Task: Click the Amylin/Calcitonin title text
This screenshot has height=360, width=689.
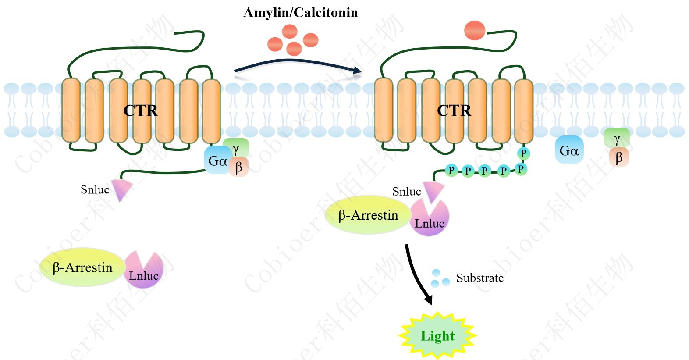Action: tap(300, 12)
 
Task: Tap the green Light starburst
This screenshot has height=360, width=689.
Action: tap(437, 335)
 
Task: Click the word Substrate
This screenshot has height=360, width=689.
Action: tap(479, 278)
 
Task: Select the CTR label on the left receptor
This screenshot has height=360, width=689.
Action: tap(140, 110)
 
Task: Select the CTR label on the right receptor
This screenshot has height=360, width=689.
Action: tap(454, 110)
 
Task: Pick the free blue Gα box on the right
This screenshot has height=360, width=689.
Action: tap(569, 150)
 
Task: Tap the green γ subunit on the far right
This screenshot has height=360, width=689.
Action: tap(617, 139)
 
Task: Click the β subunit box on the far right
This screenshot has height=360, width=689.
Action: tap(619, 157)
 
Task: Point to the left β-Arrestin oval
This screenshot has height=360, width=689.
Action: tap(82, 267)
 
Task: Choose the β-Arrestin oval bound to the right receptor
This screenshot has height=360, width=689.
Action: tap(368, 215)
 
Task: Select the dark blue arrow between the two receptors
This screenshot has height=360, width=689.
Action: tap(298, 65)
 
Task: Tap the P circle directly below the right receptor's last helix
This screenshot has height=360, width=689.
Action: tap(523, 153)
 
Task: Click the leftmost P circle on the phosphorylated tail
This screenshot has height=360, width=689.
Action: tap(451, 170)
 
